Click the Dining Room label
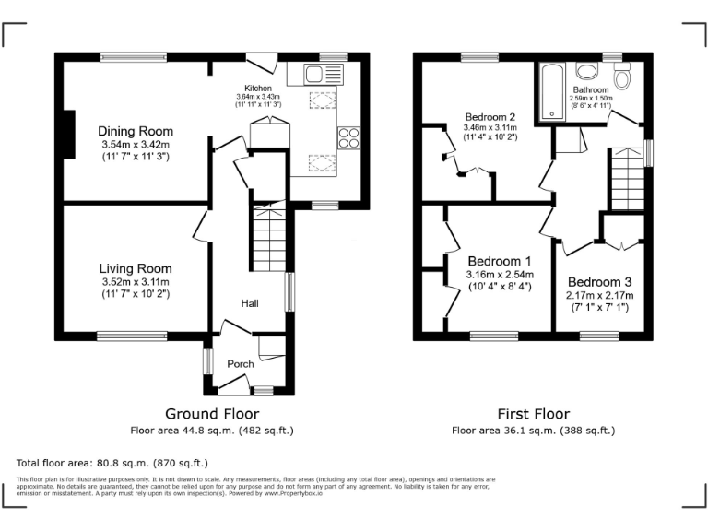136,132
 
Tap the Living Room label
136,268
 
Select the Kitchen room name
257,88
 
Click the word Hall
250,303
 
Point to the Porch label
241,364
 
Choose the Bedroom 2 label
490,117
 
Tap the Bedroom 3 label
599,282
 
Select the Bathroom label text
590,90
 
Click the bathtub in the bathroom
554,92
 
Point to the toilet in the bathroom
621,79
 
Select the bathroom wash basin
586,72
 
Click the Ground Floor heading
211,414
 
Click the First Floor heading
533,414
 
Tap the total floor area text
112,463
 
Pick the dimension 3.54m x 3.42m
136,145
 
